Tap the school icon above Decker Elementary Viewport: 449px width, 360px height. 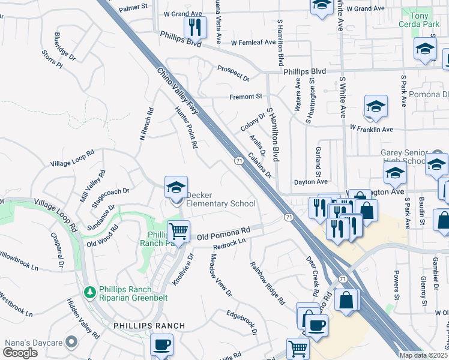pos(176,188)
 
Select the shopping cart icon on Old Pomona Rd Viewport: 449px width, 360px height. pos(178,231)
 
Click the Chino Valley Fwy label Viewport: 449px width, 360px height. pos(178,89)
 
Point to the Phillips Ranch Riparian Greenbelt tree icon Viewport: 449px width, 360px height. pos(90,292)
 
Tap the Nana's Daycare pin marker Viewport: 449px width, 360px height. pos(72,342)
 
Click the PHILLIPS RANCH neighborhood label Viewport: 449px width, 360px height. pos(149,326)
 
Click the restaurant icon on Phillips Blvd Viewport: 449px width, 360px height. pos(194,27)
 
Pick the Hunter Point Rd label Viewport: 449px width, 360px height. pos(185,127)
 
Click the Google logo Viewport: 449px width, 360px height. pos(20,353)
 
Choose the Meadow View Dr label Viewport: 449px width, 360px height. pos(220,274)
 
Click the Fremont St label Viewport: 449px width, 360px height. pos(246,96)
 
